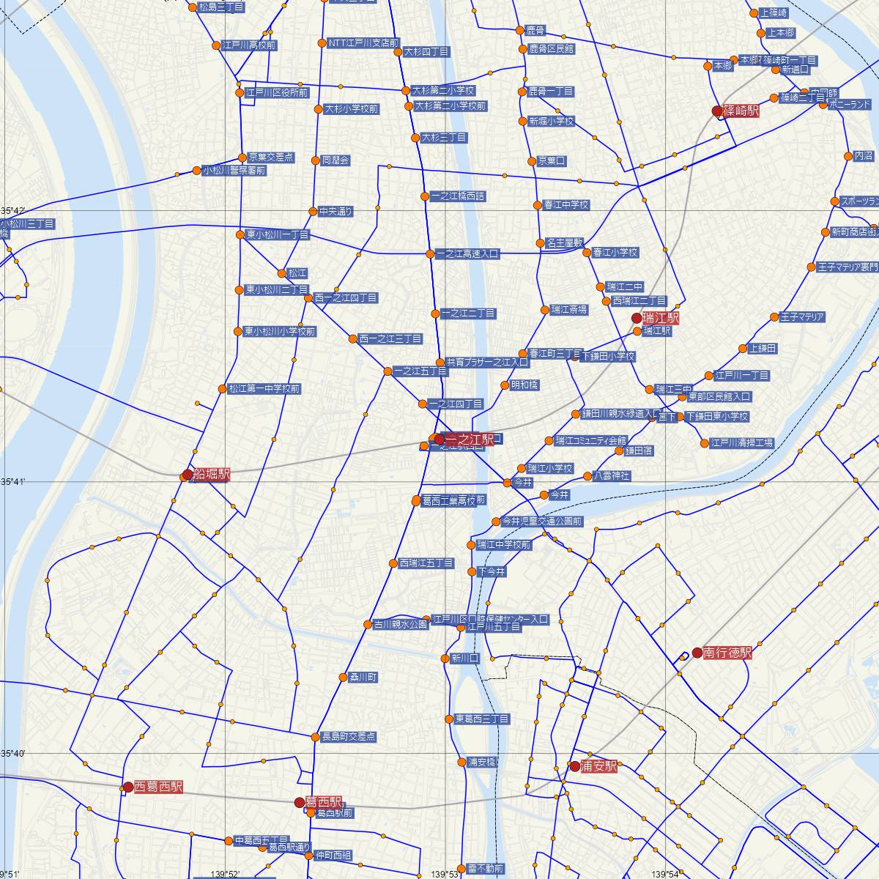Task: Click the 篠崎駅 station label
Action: tap(741, 111)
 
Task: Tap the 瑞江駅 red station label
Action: tap(660, 319)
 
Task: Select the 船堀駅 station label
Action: tap(211, 475)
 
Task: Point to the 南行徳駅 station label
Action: tap(727, 653)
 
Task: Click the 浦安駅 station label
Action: tap(599, 767)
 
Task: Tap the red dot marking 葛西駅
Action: tap(300, 803)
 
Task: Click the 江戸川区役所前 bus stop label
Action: tap(277, 93)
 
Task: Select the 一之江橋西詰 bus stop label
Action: tap(458, 196)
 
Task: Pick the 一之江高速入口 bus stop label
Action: tap(467, 254)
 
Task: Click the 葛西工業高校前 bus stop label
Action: tap(454, 501)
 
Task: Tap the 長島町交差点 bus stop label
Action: tap(349, 737)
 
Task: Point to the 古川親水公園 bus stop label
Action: tap(401, 625)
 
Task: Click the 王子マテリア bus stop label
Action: tap(803, 317)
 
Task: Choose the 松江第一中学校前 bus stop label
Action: tap(264, 389)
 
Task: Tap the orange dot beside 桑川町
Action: tap(343, 678)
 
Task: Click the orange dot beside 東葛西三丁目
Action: tap(449, 719)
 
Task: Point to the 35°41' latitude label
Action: tap(14, 481)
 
